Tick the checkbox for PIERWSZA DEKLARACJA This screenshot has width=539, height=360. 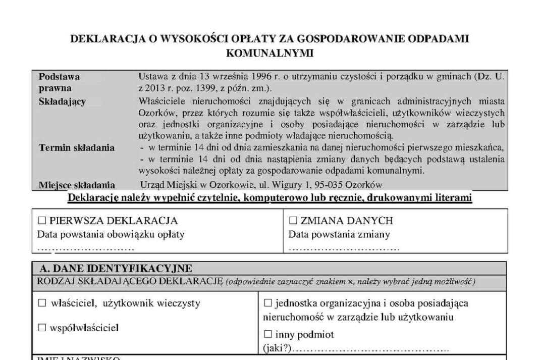click(42, 221)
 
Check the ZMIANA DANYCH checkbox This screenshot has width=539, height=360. click(293, 221)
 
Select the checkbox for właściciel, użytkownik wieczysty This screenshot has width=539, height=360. click(42, 303)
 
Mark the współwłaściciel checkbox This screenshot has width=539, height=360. click(42, 328)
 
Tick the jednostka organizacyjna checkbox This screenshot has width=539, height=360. click(268, 303)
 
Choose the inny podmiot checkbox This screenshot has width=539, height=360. click(268, 334)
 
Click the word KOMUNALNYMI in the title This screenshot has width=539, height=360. click(269, 53)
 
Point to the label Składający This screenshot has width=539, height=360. click(62, 101)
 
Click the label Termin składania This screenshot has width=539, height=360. click(77, 148)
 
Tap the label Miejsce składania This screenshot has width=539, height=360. click(77, 185)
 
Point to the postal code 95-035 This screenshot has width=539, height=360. click(344, 185)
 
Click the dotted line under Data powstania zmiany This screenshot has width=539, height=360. click(343, 248)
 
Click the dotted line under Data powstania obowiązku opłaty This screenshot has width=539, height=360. click(86, 248)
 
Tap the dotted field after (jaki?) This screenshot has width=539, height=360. click(370, 349)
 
